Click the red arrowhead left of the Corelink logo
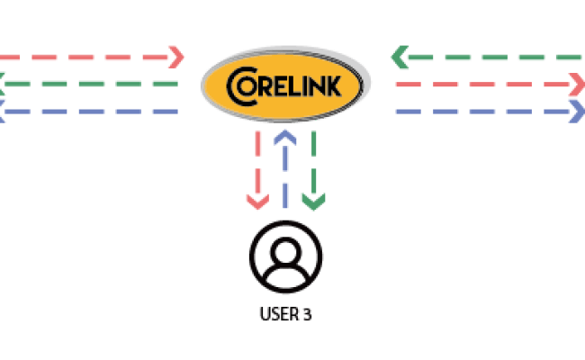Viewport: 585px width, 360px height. coord(177,57)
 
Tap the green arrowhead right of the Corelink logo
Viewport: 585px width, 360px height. coord(397,58)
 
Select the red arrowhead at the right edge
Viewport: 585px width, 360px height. coord(577,85)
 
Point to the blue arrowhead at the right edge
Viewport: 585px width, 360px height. coord(577,112)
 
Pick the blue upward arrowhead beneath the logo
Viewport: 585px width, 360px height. coord(285,136)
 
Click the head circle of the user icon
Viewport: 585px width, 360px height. coord(286,247)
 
